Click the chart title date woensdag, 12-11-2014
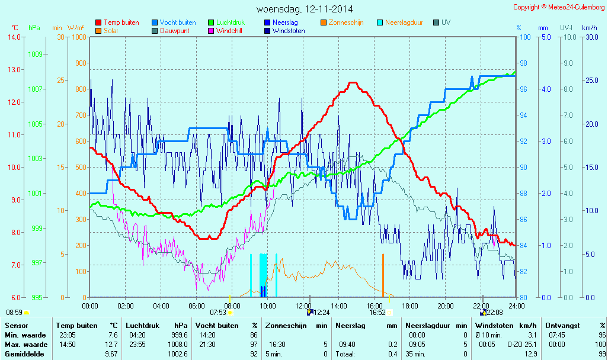coord(305,9)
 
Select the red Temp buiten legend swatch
coord(98,22)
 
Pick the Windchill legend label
coord(228,31)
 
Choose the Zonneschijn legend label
coord(345,22)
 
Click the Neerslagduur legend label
coord(405,22)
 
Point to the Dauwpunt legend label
coord(175,31)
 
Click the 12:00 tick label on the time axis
coord(303,306)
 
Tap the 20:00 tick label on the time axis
coord(445,306)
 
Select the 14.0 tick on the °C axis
coord(14,37)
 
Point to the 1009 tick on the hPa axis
coord(35,54)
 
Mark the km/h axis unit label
coord(590,28)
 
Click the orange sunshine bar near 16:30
coord(383,275)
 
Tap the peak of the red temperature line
coord(352,83)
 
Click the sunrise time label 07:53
coord(218,313)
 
